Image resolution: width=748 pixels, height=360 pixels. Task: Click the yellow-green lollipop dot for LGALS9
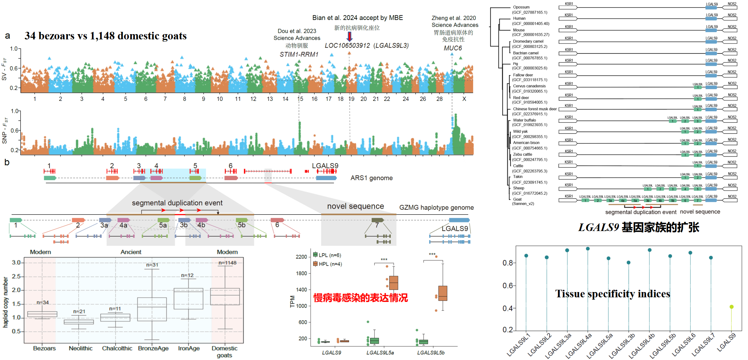(732, 307)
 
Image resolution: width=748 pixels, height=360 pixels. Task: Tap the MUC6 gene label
(453, 48)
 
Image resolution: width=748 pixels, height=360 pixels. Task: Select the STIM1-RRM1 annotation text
(299, 54)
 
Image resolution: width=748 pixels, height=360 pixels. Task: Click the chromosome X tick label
(464, 99)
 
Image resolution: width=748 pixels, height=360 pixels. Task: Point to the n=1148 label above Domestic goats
(227, 263)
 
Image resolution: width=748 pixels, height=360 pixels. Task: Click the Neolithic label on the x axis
(80, 348)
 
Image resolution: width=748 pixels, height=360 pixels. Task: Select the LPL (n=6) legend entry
(327, 255)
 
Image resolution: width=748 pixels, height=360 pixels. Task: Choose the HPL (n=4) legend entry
(327, 264)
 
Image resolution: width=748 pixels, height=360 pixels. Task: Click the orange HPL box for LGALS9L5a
(394, 283)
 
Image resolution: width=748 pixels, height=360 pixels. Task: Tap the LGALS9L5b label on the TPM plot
(431, 352)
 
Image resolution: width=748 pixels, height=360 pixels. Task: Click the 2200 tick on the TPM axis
(301, 257)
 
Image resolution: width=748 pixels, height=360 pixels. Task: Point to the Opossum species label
(521, 7)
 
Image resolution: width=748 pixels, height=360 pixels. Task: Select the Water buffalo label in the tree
(524, 120)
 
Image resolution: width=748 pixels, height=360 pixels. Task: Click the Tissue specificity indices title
(613, 294)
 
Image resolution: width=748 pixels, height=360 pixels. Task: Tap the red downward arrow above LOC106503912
(350, 36)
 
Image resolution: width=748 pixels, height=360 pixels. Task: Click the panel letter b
(7, 162)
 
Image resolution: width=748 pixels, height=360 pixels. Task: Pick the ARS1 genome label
(371, 178)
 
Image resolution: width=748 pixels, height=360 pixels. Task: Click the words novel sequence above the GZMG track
(355, 206)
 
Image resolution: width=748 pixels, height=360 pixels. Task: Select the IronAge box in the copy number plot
(188, 299)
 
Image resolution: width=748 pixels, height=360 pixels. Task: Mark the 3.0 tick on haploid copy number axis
(16, 263)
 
